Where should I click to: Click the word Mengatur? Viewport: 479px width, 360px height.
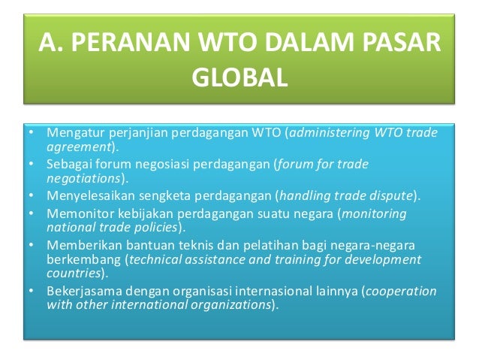[x=72, y=134]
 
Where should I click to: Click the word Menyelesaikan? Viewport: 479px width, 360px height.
[x=87, y=196]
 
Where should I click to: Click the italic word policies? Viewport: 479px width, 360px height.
[x=155, y=226]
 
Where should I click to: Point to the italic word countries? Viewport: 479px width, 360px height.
[x=72, y=274]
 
